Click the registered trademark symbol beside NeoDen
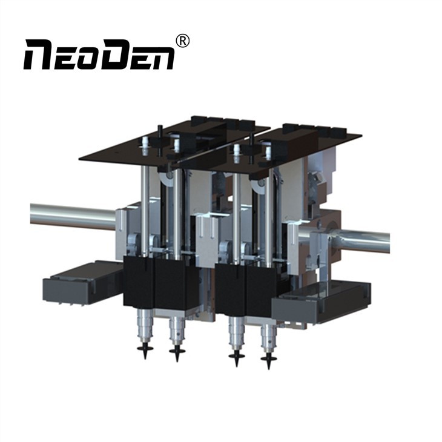click(182, 41)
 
